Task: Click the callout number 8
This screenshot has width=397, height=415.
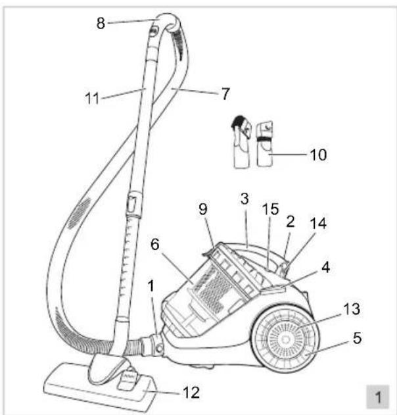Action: tap(101, 23)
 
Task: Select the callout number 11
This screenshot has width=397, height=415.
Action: tap(92, 98)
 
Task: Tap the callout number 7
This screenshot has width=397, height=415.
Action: tap(225, 94)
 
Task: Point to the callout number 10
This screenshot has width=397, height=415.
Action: tap(318, 155)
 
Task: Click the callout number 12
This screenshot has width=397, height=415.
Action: tap(191, 393)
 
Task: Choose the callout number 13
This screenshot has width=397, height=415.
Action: tap(352, 309)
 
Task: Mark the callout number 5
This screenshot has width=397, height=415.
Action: tap(357, 338)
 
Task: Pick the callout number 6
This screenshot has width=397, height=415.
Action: tap(155, 244)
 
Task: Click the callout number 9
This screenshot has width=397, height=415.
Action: tap(203, 209)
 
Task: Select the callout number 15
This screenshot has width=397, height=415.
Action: tap(271, 209)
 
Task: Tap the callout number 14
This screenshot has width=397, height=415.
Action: tap(318, 223)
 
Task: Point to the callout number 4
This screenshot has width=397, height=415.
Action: tap(326, 267)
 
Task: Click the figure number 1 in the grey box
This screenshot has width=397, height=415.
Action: tap(378, 397)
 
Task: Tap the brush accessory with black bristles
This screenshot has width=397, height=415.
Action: tap(241, 141)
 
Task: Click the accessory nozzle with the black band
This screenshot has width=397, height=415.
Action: tap(264, 143)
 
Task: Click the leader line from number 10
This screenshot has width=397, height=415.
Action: tap(290, 154)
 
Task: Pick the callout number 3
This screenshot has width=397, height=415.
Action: tap(245, 199)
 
